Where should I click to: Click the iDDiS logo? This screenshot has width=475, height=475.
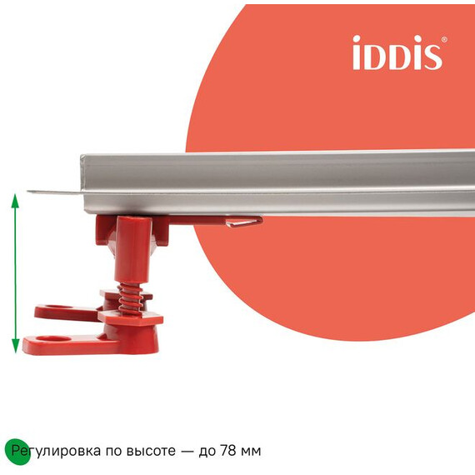pyautogui.click(x=396, y=52)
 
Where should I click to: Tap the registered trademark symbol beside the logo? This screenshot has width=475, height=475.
pyautogui.click(x=444, y=39)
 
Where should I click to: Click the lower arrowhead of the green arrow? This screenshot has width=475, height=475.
pyautogui.click(x=15, y=348)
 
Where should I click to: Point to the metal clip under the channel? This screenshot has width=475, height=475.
pyautogui.click(x=242, y=221)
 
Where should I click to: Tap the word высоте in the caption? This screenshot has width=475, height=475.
pyautogui.click(x=152, y=451)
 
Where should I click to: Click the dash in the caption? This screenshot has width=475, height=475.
pyautogui.click(x=187, y=451)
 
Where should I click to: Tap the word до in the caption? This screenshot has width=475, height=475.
pyautogui.click(x=207, y=452)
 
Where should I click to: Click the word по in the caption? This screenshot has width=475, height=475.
pyautogui.click(x=114, y=452)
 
